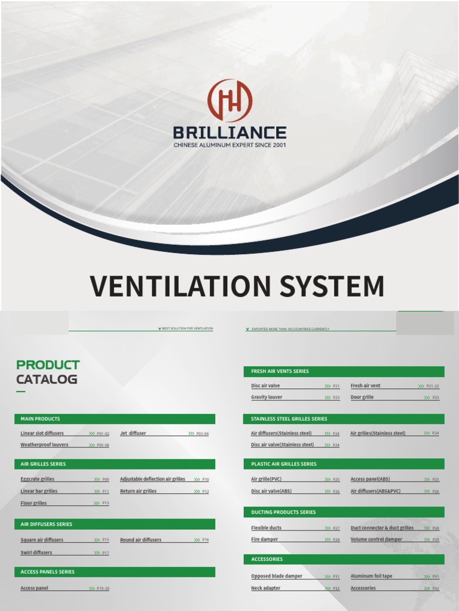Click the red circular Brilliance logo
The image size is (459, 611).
(229, 101)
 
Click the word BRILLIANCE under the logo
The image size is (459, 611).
(229, 132)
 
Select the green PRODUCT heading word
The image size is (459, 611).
(48, 365)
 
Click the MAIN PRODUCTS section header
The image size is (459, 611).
(40, 419)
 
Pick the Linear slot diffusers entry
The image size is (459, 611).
(42, 433)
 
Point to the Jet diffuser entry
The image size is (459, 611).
(133, 433)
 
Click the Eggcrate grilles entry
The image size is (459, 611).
(37, 479)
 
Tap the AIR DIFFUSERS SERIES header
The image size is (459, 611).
(46, 524)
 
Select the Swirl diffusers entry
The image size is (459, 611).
(36, 553)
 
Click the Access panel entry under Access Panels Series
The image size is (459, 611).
(34, 588)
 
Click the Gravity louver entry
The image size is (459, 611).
(267, 397)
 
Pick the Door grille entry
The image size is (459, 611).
(362, 397)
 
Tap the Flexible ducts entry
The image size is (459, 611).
(266, 527)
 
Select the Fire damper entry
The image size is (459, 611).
(264, 539)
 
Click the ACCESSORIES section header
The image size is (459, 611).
(267, 559)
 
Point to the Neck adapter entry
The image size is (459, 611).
(265, 588)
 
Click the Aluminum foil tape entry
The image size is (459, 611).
(371, 576)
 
